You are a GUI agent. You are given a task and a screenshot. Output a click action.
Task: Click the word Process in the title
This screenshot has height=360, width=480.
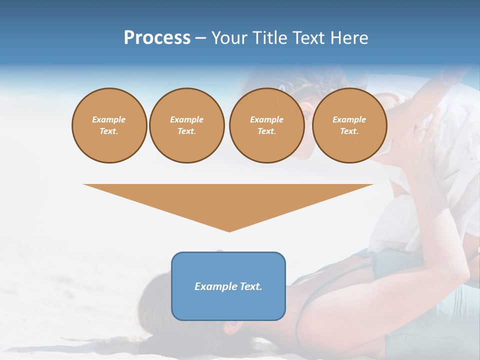pos(157,38)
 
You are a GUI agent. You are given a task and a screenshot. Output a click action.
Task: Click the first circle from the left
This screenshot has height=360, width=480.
pos(109,125)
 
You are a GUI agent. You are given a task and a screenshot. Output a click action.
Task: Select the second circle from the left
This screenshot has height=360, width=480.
pos(186,125)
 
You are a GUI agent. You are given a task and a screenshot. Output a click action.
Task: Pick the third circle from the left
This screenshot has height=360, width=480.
pos(266,125)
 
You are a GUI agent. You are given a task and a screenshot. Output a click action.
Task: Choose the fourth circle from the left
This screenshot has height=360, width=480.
pos(349,125)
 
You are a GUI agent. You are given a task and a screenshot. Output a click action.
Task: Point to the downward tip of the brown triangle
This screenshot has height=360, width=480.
pos(229,231)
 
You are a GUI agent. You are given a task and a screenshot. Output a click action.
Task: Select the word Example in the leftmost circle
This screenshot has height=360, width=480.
pos(109,119)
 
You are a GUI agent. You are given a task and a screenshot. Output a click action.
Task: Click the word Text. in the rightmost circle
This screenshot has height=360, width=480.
pos(349,131)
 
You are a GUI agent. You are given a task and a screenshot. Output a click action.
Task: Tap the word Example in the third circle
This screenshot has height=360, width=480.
pos(266,119)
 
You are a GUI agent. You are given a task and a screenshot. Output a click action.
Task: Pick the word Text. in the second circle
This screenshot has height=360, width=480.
pos(186,131)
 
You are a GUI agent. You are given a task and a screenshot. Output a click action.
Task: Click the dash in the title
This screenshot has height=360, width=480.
pos(200,38)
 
